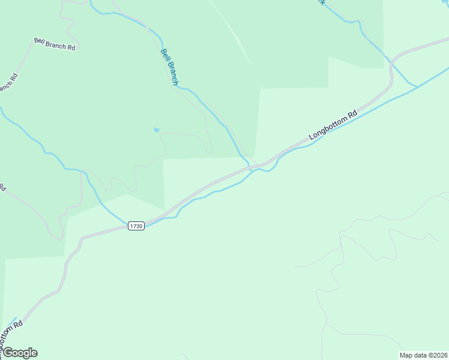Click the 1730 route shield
[136, 226]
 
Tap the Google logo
[20, 353]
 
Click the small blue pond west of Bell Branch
[157, 130]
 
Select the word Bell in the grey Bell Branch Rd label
[40, 41]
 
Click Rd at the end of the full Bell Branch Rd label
[71, 47]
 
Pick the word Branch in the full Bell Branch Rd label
[55, 44]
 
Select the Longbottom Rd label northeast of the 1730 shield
[333, 125]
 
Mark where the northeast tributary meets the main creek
[418, 86]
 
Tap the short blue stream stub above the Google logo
[13, 320]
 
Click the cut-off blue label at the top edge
[322, 2]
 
